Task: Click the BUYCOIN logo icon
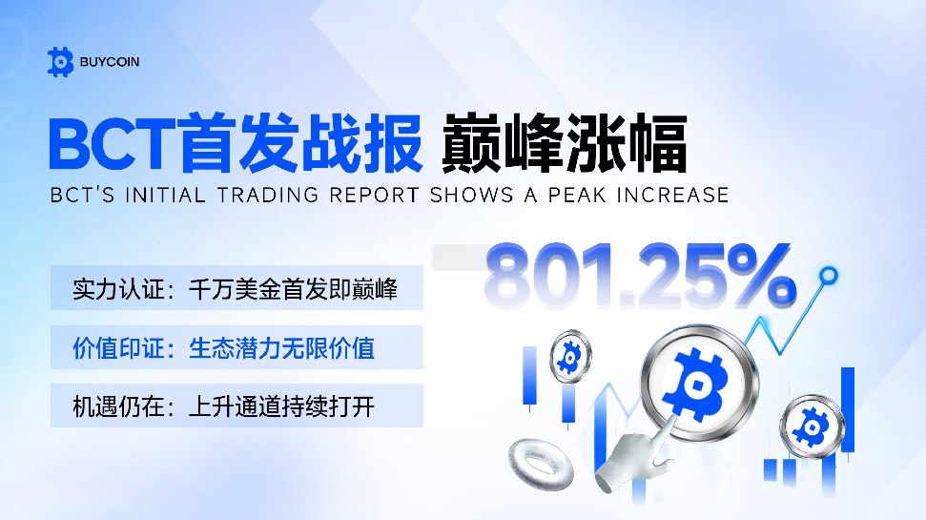(60, 61)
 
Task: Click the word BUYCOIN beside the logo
(110, 62)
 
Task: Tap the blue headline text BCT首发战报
(237, 143)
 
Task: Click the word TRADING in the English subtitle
(268, 195)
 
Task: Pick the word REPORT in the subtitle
(375, 195)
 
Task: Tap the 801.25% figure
(640, 276)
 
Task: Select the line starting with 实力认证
(235, 289)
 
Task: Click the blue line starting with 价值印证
(224, 348)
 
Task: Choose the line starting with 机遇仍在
(224, 406)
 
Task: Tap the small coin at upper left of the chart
(570, 357)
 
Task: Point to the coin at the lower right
(812, 426)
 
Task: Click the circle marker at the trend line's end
(829, 275)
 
